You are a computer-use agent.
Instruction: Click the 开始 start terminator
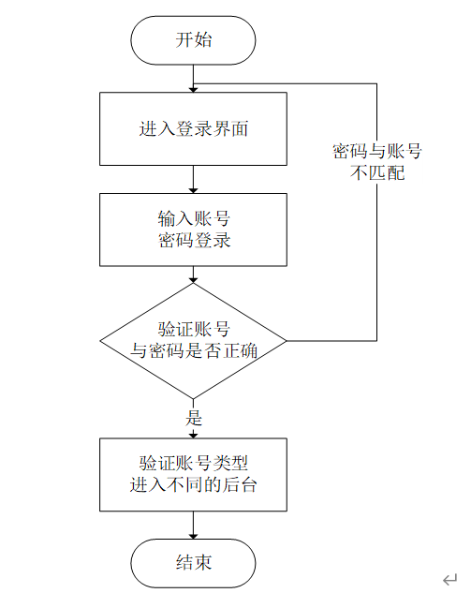193,40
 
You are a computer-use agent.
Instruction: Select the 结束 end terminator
193,563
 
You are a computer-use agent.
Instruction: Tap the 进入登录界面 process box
193,129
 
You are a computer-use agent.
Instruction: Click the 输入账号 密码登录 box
193,230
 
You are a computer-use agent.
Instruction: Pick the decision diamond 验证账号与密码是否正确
193,341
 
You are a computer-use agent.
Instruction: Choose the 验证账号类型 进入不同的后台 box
193,475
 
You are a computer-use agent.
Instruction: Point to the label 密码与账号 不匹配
376,162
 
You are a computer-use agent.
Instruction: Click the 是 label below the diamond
194,418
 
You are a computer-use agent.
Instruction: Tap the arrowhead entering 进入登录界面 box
193,90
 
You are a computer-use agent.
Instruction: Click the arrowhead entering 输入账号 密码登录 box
193,190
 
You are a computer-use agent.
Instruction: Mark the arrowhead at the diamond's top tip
193,280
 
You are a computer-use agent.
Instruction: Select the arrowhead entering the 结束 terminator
193,536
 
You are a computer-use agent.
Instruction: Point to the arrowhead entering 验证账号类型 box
193,436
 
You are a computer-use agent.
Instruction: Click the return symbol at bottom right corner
449,579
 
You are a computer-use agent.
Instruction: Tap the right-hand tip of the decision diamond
287,341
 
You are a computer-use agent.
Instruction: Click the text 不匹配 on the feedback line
376,172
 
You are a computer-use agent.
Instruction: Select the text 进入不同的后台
193,485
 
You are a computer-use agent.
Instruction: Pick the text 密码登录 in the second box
194,240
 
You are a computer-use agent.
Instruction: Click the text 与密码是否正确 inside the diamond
194,350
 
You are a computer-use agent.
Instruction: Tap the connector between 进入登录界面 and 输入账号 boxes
193,179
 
